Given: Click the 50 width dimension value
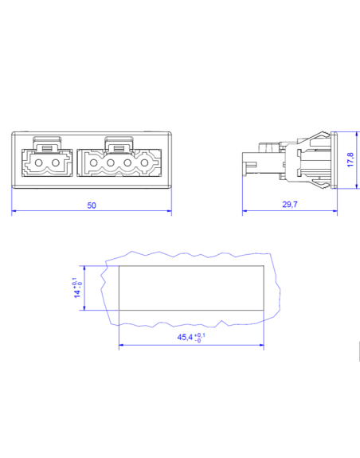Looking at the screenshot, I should [x=92, y=206].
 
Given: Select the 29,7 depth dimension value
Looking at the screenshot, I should [x=290, y=206].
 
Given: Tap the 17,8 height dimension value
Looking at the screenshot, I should [x=350, y=160].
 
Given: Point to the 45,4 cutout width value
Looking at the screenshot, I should [x=186, y=339].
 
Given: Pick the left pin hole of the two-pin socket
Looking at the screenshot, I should [x=39, y=167].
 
